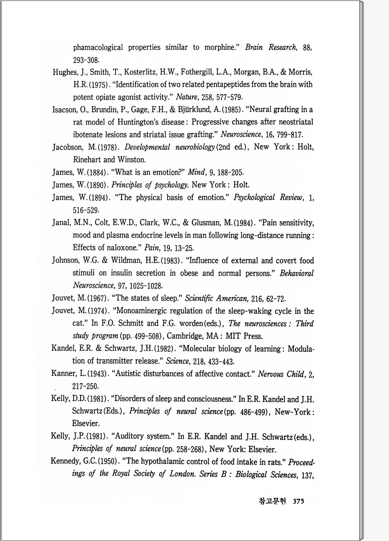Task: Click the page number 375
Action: pos(298,501)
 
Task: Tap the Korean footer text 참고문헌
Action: pos(272,501)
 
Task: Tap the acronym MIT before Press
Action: pos(233,336)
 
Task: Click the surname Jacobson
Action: pos(67,147)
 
